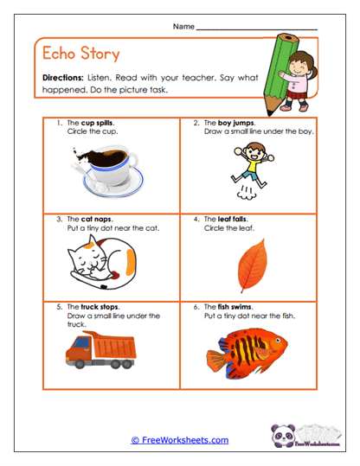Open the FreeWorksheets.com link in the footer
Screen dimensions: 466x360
[180, 440]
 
